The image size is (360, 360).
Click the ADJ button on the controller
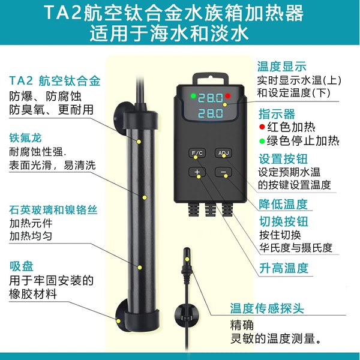[x=223, y=153]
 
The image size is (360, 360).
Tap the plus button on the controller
[x=197, y=172]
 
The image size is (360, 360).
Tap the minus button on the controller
[x=223, y=172]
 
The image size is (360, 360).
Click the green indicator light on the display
[x=193, y=96]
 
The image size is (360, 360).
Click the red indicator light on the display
[x=227, y=96]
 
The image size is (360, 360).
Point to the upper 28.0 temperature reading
[x=211, y=98]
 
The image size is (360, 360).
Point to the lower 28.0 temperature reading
[x=211, y=113]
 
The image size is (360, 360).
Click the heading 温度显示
[x=282, y=67]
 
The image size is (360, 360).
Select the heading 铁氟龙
[x=25, y=138]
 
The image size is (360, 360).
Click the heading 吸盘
[x=22, y=266]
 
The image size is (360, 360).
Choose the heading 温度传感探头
[x=267, y=308]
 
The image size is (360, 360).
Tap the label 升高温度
[x=284, y=268]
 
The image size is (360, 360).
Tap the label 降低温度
[x=283, y=204]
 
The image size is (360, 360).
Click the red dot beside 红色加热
[x=262, y=127]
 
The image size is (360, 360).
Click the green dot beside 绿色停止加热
[x=262, y=141]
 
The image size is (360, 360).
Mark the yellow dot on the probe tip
[x=187, y=259]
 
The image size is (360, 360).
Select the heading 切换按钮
[x=284, y=221]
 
